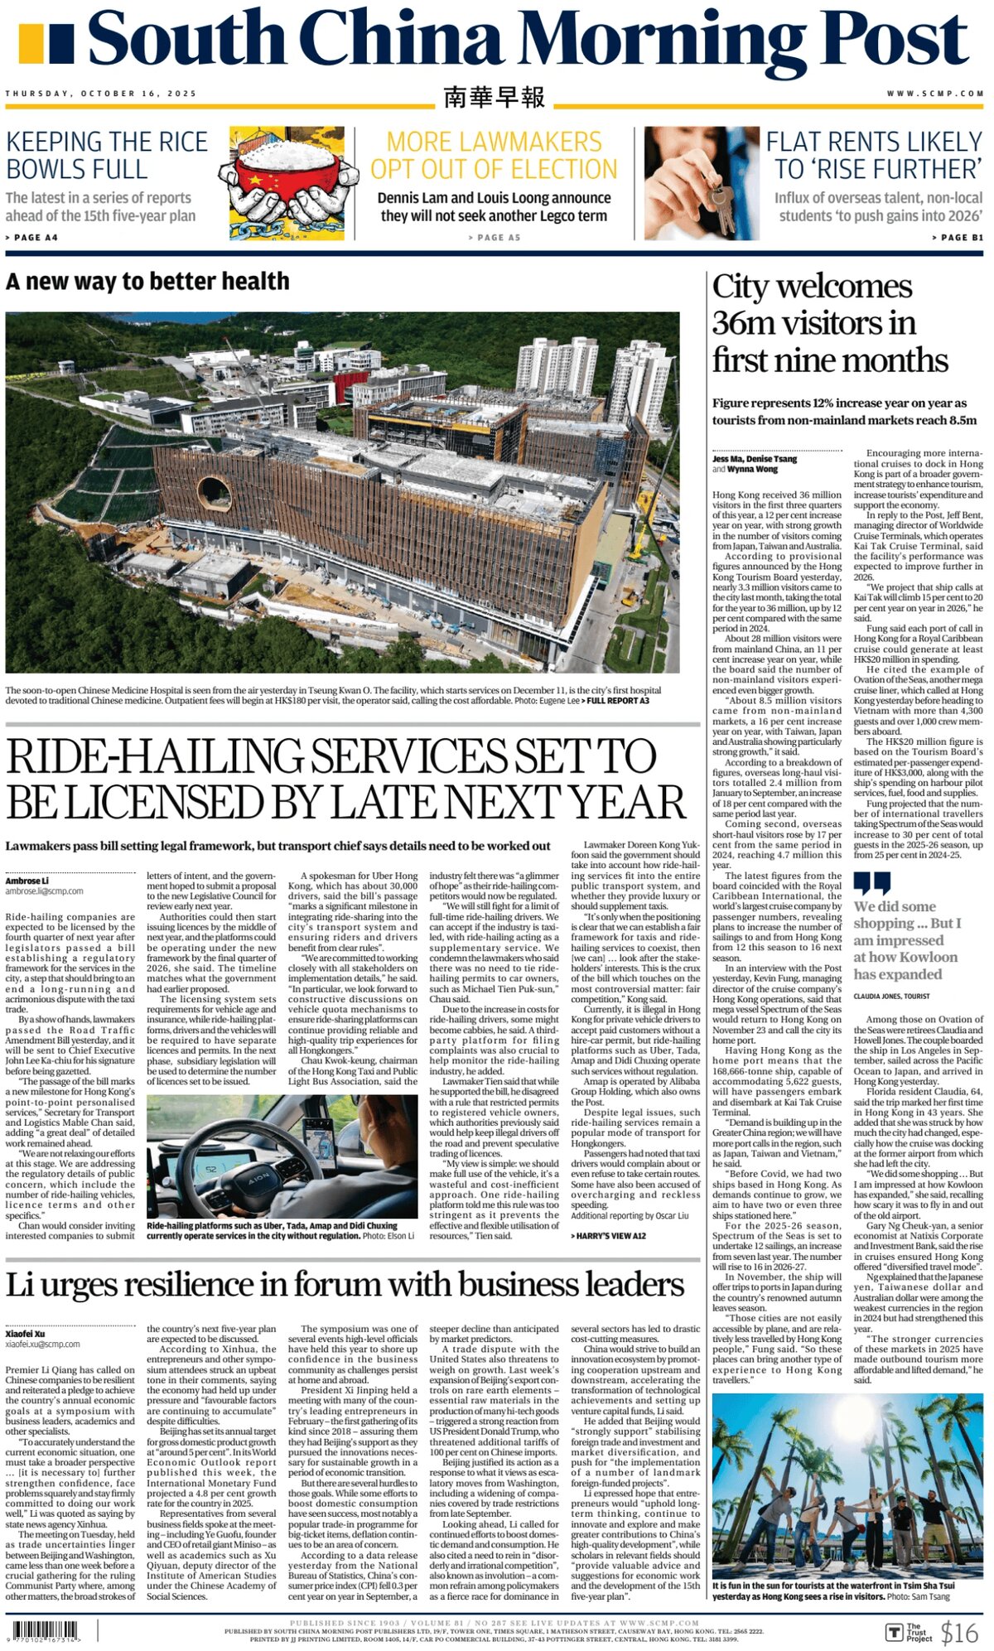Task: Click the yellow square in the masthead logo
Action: [30, 44]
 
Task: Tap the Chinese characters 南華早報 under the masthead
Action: [494, 98]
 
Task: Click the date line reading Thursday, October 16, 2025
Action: [101, 94]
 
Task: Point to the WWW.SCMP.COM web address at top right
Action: [935, 94]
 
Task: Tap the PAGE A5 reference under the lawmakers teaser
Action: [494, 238]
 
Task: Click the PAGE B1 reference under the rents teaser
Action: [958, 238]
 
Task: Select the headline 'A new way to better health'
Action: [147, 282]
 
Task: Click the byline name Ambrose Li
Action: [27, 881]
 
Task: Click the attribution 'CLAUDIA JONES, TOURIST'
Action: [891, 997]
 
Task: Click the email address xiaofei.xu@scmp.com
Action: [43, 1344]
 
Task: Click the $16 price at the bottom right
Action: [959, 1632]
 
